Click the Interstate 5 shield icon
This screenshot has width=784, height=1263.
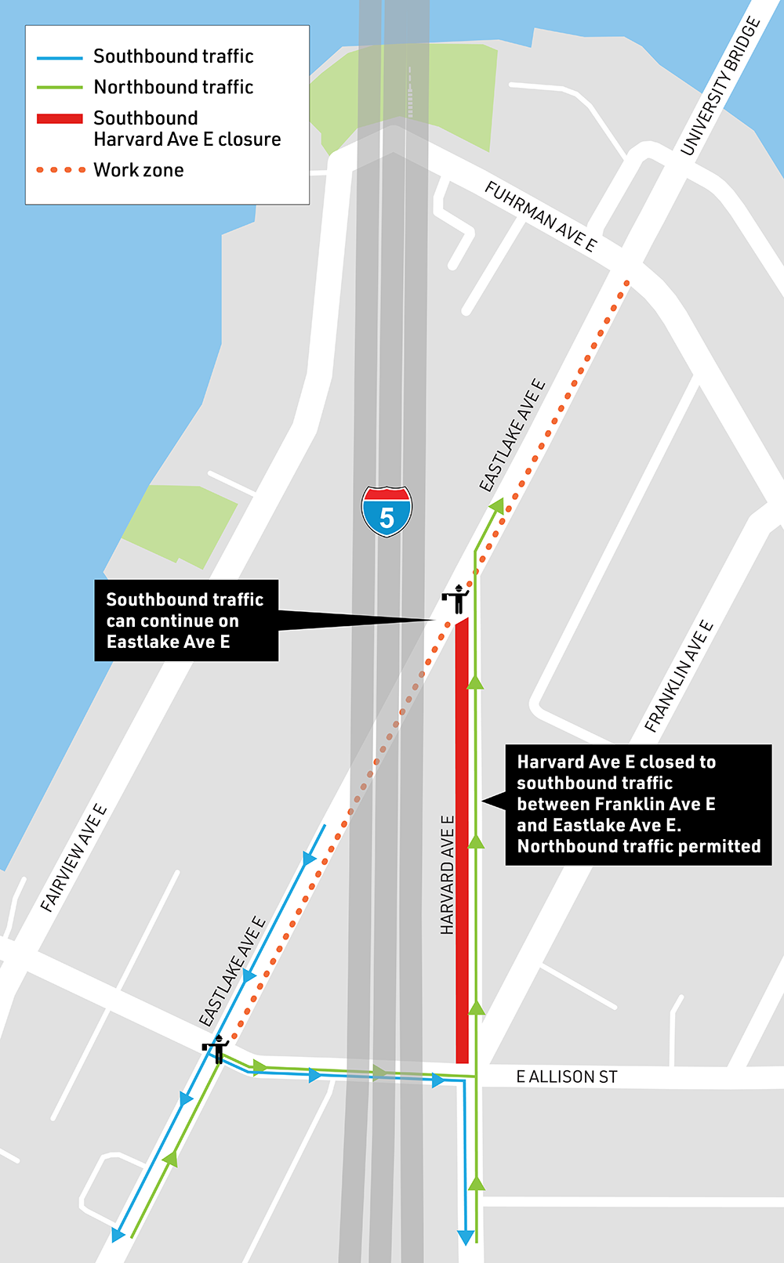387,512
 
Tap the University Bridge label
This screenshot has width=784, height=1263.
720,87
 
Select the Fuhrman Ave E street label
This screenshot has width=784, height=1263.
540,216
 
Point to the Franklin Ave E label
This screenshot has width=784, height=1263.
679,676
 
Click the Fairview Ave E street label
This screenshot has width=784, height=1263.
74,858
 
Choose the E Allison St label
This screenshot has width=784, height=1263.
566,1077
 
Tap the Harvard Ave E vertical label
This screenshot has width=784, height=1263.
447,874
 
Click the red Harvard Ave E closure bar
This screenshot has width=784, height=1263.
463,838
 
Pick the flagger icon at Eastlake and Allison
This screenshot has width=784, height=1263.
216,1048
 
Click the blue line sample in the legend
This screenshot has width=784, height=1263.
60,58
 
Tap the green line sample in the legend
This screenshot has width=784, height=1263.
60,88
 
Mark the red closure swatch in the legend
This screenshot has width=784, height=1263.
60,118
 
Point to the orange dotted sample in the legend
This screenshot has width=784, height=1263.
60,170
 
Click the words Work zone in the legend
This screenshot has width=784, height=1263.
139,170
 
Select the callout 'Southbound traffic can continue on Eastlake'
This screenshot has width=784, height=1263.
187,621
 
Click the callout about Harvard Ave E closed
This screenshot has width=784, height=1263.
638,805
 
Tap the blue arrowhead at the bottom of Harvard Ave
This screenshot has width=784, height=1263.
466,1237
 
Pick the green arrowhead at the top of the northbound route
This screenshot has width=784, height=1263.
497,506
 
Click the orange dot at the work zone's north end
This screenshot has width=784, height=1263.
626,283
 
